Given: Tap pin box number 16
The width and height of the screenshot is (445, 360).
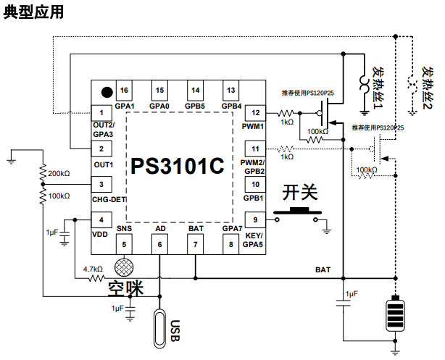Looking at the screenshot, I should [125, 91].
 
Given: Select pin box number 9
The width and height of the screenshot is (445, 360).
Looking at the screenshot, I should [254, 220].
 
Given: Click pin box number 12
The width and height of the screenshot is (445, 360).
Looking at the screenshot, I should [254, 113].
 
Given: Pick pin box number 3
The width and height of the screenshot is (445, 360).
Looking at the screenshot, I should [101, 185].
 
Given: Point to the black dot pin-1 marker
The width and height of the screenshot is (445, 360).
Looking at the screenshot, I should [107, 92].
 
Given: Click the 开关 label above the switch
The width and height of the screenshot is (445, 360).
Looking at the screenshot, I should [300, 192].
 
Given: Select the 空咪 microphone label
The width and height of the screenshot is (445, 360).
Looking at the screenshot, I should [125, 288].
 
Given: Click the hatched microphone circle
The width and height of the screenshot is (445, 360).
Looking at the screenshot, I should [125, 267].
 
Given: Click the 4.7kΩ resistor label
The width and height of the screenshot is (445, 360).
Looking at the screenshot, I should [93, 269].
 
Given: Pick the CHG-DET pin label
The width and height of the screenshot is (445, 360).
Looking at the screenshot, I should [109, 199].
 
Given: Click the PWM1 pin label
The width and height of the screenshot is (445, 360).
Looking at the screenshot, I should [253, 126].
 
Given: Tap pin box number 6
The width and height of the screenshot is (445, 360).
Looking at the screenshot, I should [160, 244].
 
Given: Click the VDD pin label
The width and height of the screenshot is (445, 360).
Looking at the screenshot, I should [99, 234].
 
